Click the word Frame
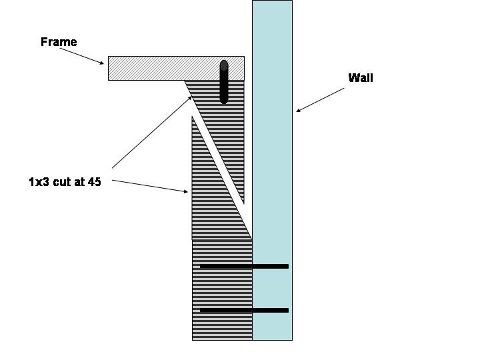[59, 42]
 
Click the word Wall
[361, 78]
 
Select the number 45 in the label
[95, 181]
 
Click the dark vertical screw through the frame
[224, 83]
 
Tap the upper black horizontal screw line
[244, 266]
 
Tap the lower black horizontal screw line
[244, 310]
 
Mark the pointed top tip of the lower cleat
[193, 119]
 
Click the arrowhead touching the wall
[299, 109]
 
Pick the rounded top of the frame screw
[224, 64]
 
